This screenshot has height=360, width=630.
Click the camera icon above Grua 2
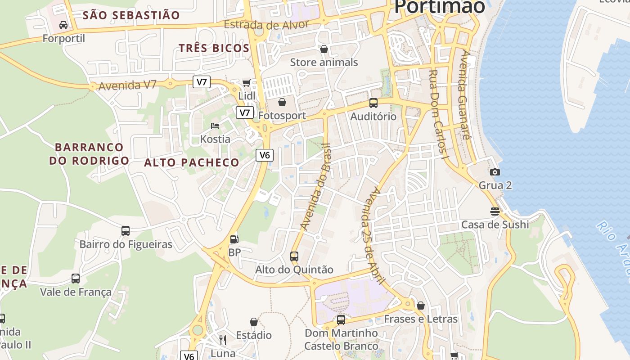pos(495,172)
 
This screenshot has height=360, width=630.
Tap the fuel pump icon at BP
pos(234,239)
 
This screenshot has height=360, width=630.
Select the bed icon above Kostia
pos(215,126)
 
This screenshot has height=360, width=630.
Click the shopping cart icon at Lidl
pos(246,82)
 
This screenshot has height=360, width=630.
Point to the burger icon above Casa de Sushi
pos(495,211)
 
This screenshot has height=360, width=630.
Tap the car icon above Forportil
pos(63,25)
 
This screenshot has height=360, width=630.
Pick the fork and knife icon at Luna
pos(223,340)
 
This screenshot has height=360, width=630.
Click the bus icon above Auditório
pos(373,103)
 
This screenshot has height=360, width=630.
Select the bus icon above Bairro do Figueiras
pos(126,231)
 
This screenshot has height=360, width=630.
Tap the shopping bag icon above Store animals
pos(324,49)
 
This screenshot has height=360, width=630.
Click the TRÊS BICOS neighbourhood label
pos(214,48)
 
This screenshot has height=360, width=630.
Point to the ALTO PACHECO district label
pos(192,162)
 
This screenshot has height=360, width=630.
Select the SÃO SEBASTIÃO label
pos(131,15)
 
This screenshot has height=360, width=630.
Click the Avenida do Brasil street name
pos(315,187)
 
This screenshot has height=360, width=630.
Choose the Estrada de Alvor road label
pos(266,24)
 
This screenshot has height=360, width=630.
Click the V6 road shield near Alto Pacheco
pos(265,155)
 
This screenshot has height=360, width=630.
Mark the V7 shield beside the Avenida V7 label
pos(202,82)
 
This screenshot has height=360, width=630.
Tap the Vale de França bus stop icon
pos(76,279)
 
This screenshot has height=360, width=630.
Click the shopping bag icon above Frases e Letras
pos(421,306)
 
